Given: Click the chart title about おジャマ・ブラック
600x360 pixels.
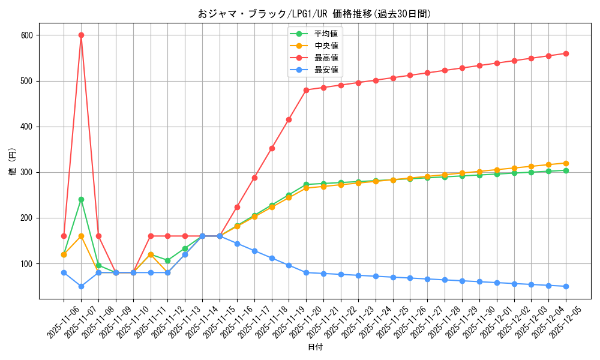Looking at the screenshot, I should click(x=314, y=14).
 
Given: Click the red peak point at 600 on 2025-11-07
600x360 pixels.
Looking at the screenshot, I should click(x=81, y=35).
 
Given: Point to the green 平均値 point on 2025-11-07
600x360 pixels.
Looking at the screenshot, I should click(x=81, y=199).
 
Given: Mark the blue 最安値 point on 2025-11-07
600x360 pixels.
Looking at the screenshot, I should click(x=81, y=286).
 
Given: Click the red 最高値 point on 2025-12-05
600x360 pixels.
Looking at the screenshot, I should click(x=566, y=53).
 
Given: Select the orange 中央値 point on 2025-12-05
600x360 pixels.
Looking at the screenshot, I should click(x=566, y=163).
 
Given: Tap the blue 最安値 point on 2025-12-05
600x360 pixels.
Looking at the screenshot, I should click(x=566, y=286).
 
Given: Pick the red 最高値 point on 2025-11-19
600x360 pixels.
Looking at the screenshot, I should click(x=289, y=119).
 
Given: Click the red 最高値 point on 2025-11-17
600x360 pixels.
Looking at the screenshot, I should click(x=254, y=178).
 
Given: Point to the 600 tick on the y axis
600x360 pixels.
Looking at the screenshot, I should click(x=27, y=35).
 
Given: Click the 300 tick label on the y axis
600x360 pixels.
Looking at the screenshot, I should click(x=27, y=172).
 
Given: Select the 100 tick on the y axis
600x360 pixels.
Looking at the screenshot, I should click(x=27, y=264).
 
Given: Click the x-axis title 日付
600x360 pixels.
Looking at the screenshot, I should click(x=315, y=347).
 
